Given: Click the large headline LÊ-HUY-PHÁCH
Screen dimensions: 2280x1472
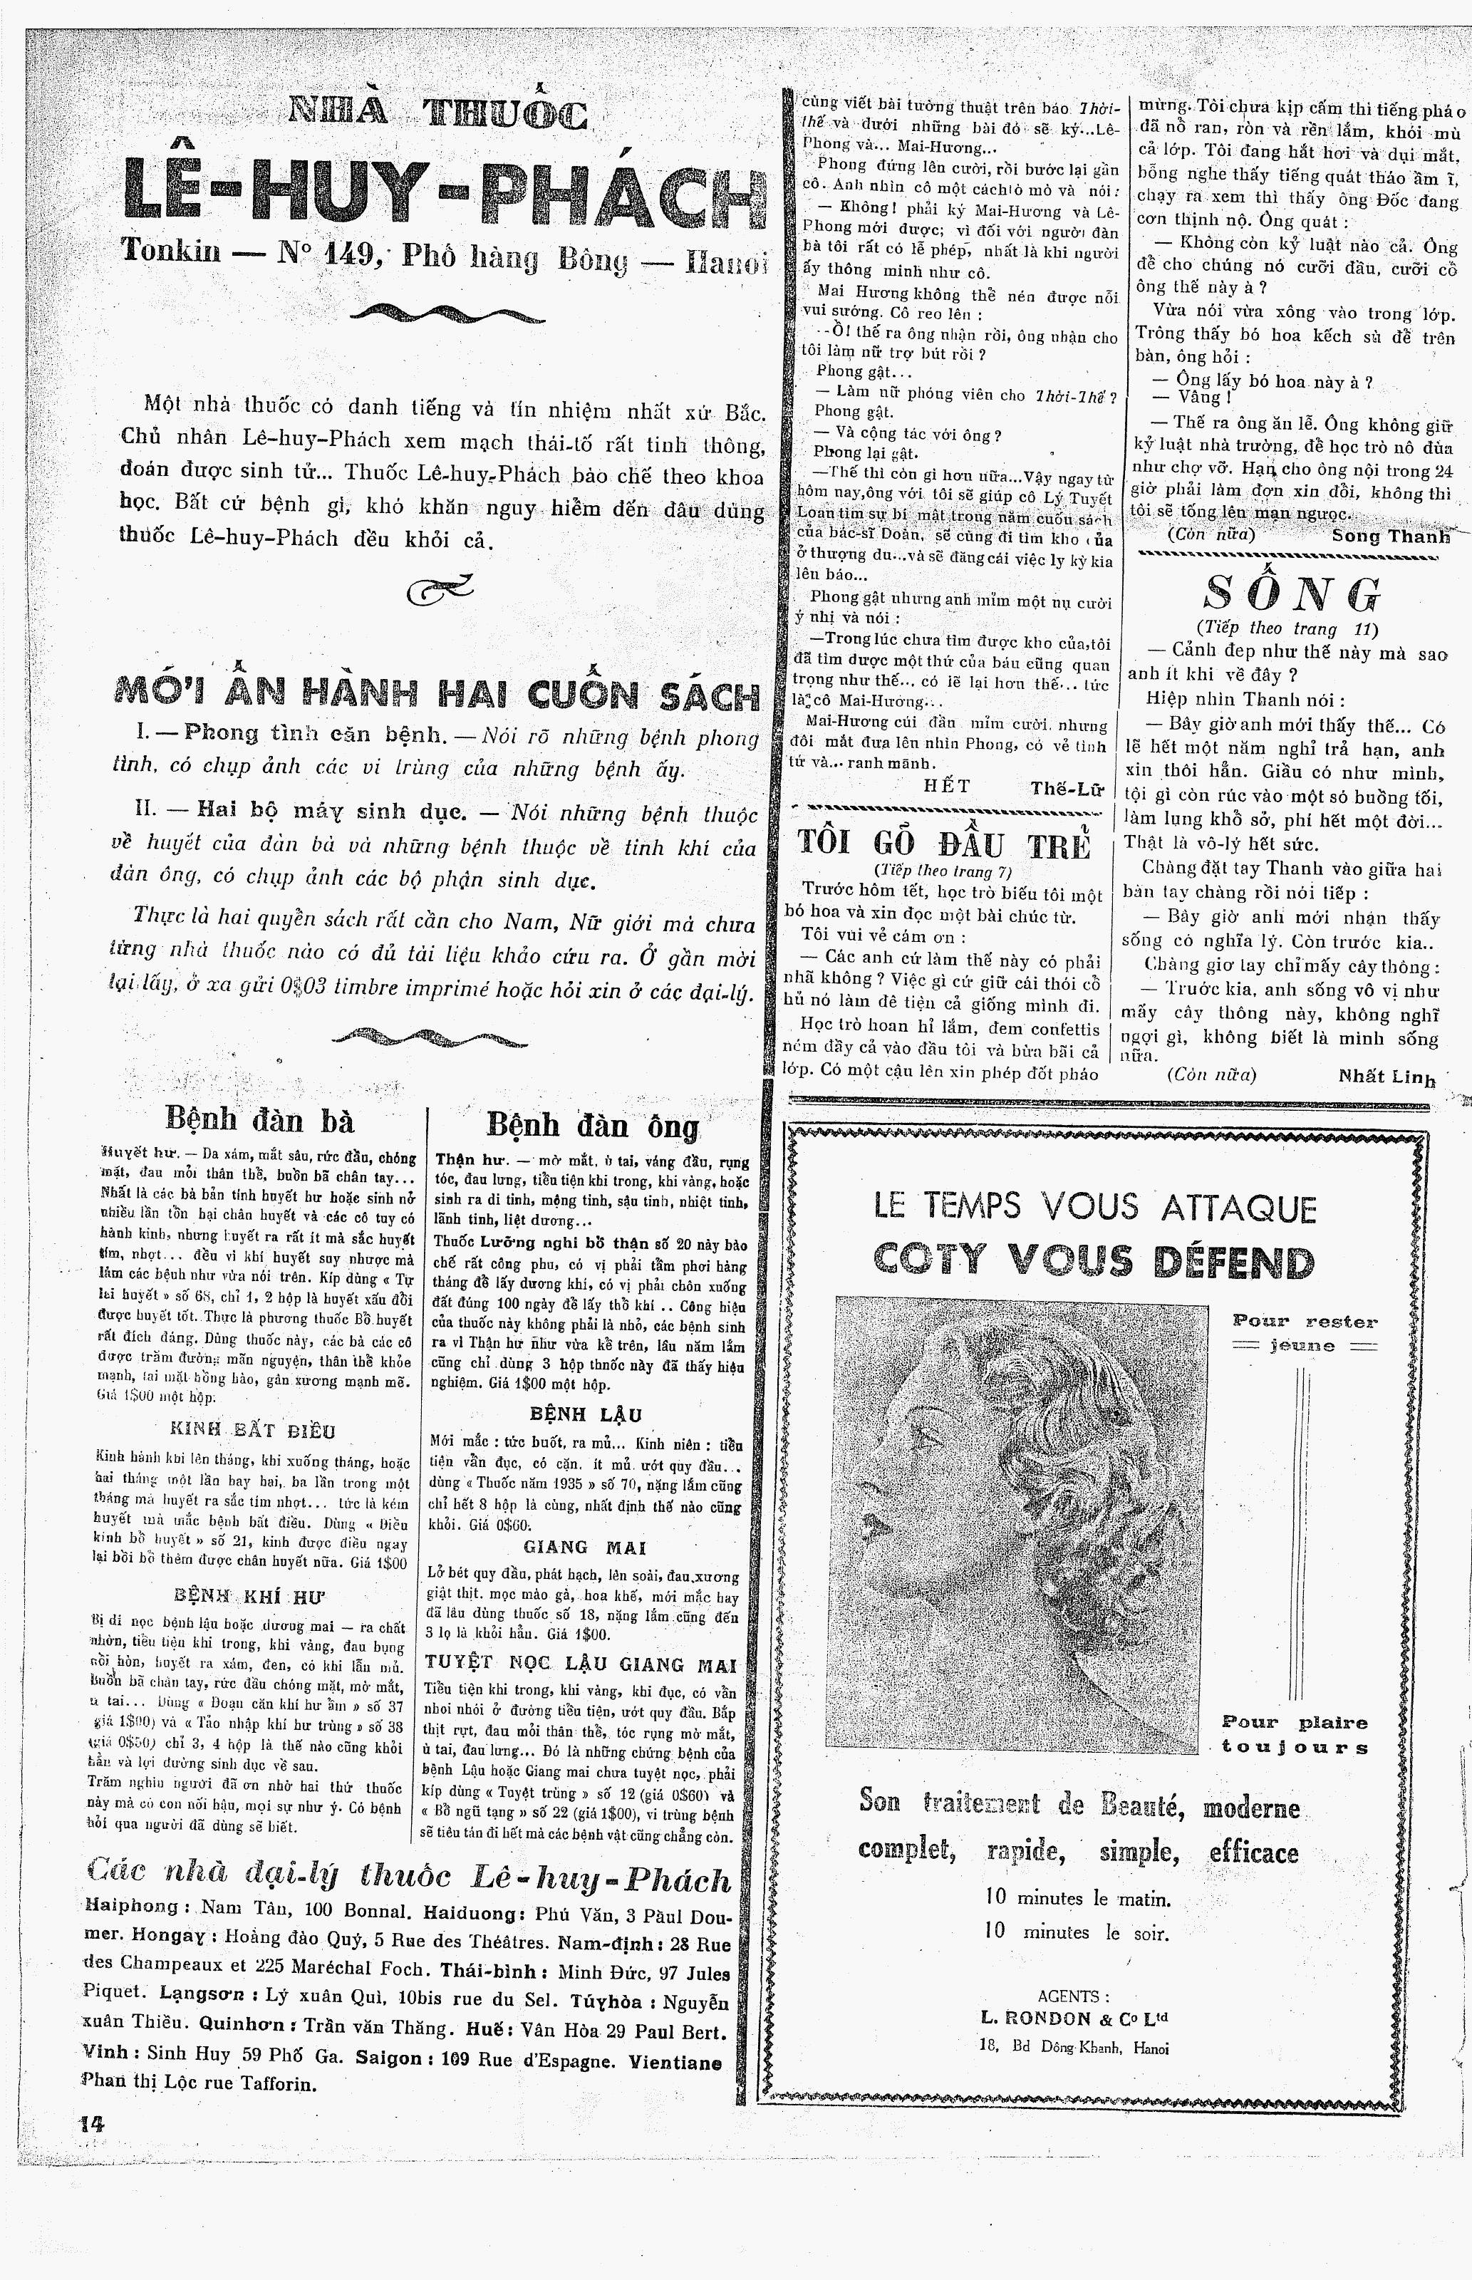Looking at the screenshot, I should click(445, 195).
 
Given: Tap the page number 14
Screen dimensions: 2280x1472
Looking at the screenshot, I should click(93, 2123).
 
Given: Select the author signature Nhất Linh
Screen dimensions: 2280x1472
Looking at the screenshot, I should click(1387, 1077).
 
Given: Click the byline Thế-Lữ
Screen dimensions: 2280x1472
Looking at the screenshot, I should click(1066, 788).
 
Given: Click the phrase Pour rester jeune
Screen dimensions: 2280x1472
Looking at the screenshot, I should click(1304, 1333).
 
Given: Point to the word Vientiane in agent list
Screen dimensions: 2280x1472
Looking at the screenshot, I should click(674, 2061).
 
